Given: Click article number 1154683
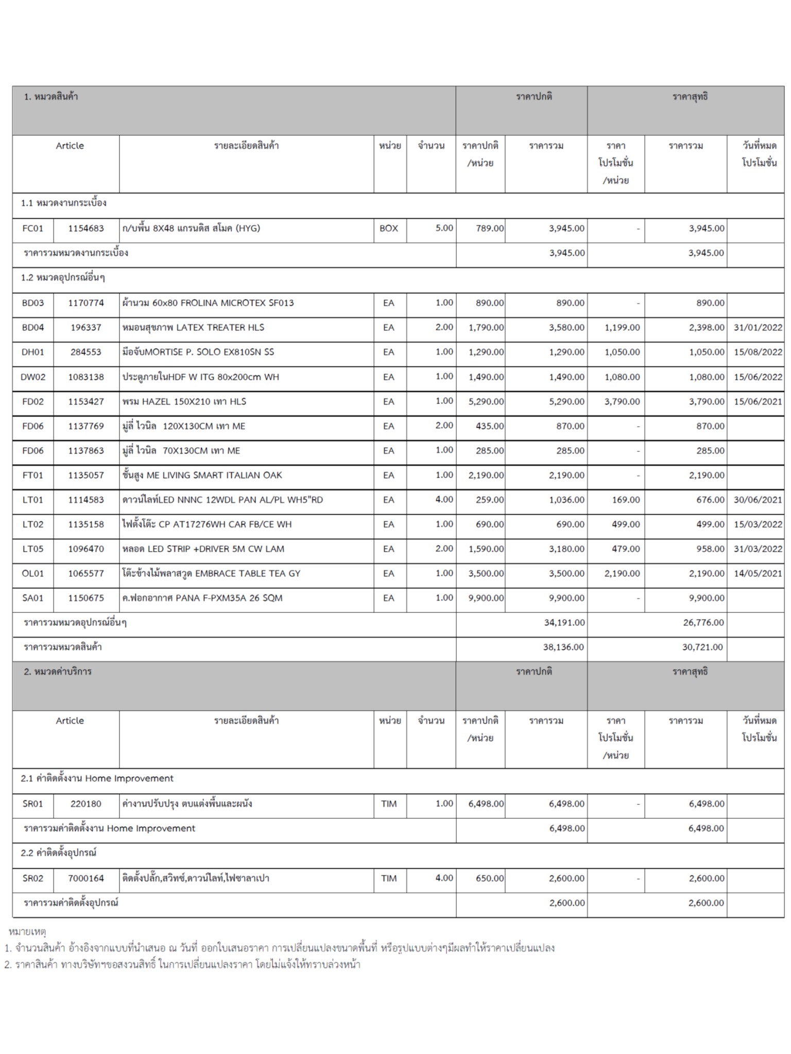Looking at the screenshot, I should point(86,229).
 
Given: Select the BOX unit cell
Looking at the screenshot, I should point(389,229).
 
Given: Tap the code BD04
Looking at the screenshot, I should point(33,328).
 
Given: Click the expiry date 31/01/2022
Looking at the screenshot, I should point(758,328).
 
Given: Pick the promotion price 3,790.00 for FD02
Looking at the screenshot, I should point(622,402).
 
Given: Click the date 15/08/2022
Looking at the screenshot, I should point(758,353).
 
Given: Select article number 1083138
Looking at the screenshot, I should point(86,377).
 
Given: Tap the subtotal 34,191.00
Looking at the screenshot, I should point(564,623).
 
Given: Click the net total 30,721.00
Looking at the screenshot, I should point(702,647).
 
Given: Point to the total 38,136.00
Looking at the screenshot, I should point(563,647).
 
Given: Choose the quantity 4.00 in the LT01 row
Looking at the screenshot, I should point(444,500).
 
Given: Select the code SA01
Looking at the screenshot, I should point(33,599).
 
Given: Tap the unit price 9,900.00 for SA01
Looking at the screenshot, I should point(486,599).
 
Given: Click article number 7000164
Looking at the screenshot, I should point(86,879).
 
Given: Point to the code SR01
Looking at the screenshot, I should point(33,804).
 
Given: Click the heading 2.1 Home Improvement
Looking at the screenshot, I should point(97,779).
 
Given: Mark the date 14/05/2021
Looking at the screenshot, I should point(758,574).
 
